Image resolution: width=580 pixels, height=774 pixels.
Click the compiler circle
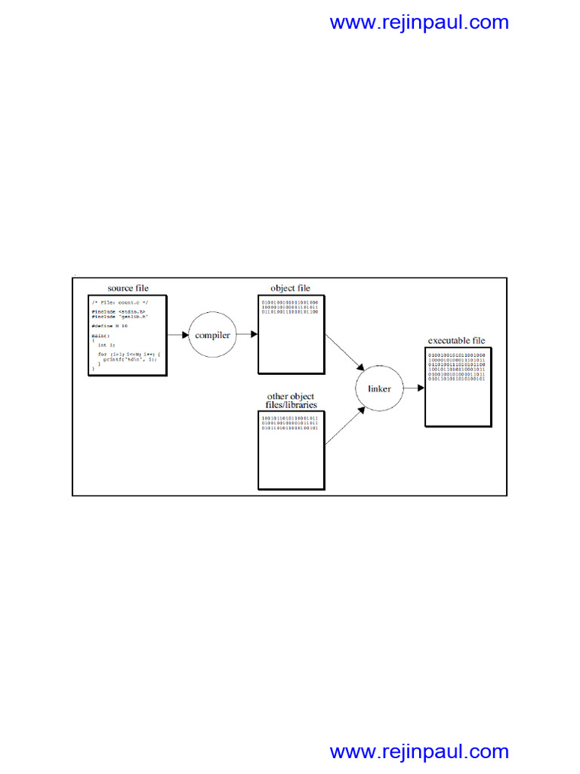211,334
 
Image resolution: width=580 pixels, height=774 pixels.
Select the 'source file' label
128,288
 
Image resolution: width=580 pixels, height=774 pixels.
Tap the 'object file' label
291,288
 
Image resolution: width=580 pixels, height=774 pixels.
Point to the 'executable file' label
457,341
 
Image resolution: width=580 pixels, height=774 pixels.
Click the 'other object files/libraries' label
291,401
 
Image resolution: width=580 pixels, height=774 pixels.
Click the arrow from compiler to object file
247,334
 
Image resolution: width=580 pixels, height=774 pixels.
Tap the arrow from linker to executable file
413,389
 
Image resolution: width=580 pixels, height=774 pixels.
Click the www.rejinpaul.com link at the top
419,22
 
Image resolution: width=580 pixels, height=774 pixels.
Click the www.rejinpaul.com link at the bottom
419,751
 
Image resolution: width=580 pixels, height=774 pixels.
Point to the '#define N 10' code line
110,326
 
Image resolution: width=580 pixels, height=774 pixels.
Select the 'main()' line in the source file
100,335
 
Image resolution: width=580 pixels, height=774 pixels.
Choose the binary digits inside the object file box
290,307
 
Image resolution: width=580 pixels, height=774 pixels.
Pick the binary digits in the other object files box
290,423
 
